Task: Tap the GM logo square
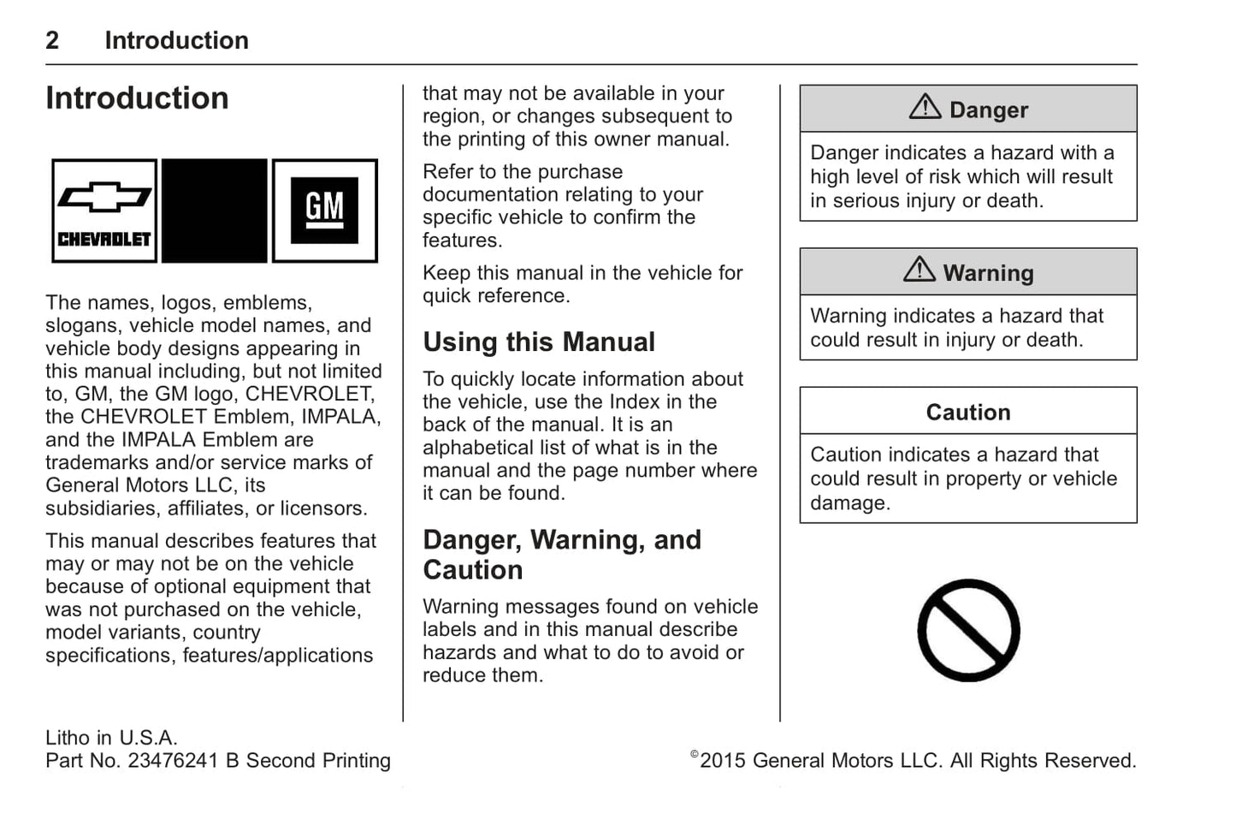pos(324,210)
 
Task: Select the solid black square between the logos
pos(214,211)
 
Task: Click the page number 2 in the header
pos(52,40)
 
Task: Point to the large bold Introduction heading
pos(137,98)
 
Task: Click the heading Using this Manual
pos(538,342)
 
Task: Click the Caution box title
pos(967,412)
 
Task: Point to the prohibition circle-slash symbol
pos(968,630)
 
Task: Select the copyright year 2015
pos(723,760)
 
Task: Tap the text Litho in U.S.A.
pos(111,737)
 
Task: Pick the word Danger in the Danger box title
pos(988,110)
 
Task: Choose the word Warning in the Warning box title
pos(988,273)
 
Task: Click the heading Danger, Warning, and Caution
pos(561,555)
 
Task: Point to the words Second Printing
pos(318,760)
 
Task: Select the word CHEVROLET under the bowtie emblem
pos(103,239)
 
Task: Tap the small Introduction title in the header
pos(176,40)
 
